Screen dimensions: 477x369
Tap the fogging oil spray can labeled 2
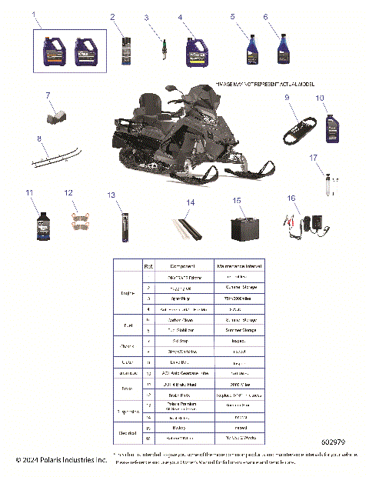[126, 51]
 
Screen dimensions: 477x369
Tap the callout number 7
[47, 95]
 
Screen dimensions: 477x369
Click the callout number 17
[313, 157]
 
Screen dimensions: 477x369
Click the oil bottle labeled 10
[332, 127]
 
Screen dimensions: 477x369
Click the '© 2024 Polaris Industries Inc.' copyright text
[61, 460]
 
